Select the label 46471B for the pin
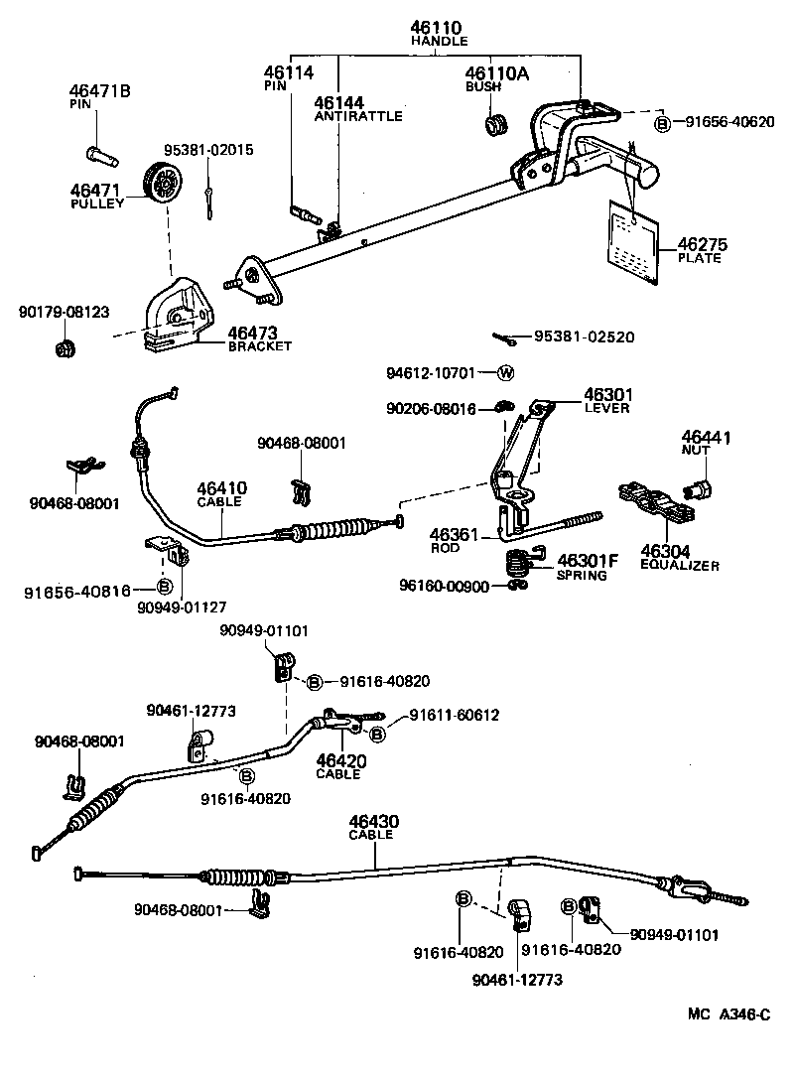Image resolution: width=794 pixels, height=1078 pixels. coord(99,91)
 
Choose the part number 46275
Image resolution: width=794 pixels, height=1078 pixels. coord(700,243)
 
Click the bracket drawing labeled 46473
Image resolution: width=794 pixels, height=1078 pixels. coord(180,313)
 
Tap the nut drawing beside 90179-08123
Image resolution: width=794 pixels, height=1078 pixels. coord(66,347)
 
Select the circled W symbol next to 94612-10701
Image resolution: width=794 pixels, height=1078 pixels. coord(504,373)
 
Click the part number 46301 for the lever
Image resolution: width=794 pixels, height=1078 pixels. coord(608,394)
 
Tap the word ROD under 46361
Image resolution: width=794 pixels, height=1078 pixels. coord(446,548)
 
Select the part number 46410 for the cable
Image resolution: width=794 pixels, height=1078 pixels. coord(221,487)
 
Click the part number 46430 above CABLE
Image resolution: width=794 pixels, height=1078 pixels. coord(373,821)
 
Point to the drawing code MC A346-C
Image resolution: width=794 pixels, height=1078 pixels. coord(729,1014)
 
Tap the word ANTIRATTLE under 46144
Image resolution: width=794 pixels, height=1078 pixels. coord(358,116)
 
